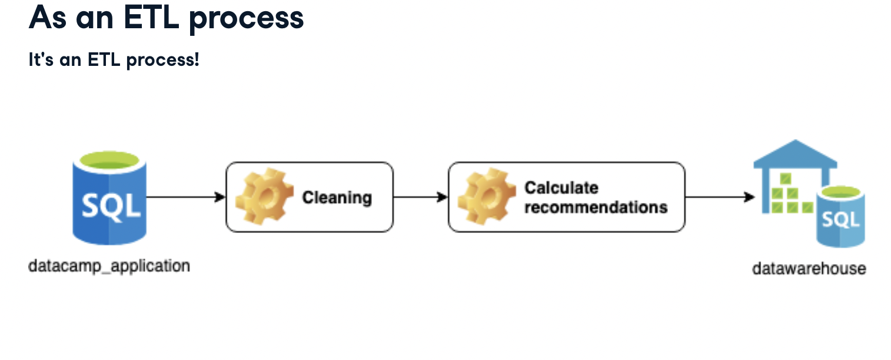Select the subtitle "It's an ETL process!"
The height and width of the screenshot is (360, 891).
tap(114, 59)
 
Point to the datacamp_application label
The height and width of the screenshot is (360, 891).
tap(109, 266)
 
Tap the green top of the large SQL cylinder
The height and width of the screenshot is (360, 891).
tap(109, 160)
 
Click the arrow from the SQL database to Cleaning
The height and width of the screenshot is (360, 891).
tap(186, 197)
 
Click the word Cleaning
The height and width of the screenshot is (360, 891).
tap(337, 197)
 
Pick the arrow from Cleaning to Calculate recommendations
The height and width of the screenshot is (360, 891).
tap(420, 197)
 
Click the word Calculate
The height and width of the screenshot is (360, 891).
tap(561, 188)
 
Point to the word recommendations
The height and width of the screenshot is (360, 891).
tap(596, 207)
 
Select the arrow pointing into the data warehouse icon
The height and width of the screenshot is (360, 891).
tap(720, 197)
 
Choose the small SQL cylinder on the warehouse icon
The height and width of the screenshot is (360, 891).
tap(840, 218)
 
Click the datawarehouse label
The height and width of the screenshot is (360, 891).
tap(809, 269)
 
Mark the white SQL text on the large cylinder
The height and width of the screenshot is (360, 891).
tap(111, 205)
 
